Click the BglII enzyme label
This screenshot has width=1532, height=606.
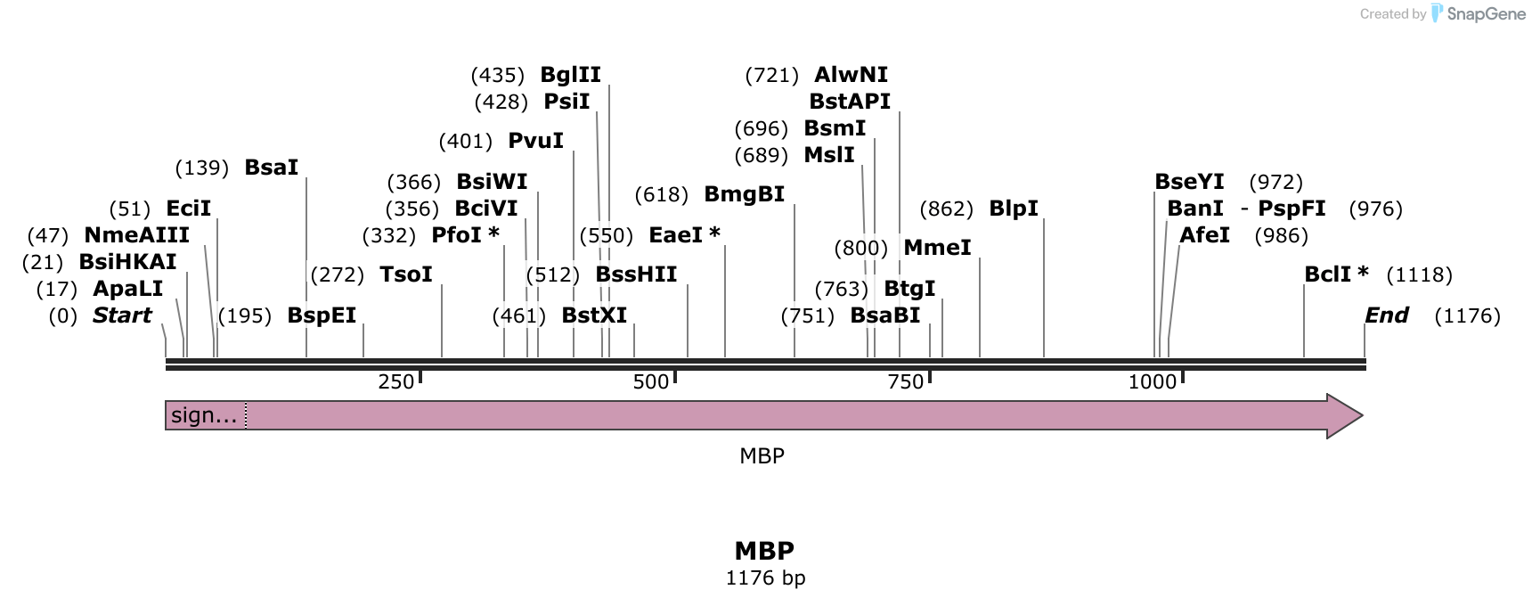(x=570, y=75)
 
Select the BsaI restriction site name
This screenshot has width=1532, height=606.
(x=271, y=168)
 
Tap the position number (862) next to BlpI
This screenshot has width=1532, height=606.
(x=945, y=209)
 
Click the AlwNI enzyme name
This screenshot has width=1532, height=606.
(x=851, y=75)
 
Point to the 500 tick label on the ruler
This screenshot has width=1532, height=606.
(x=650, y=382)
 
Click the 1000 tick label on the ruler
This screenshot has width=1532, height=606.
(x=1152, y=382)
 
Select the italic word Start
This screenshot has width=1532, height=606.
(x=122, y=315)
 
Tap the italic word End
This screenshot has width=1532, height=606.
(x=1386, y=315)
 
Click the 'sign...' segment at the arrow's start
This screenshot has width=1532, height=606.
(x=205, y=415)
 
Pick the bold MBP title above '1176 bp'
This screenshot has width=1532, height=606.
(x=764, y=550)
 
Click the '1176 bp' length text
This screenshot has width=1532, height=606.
(x=765, y=577)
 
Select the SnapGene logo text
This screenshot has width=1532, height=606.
(x=1486, y=13)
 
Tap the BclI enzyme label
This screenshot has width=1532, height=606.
(x=1328, y=274)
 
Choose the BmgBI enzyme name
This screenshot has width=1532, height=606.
(x=744, y=194)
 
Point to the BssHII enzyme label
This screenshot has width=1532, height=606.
(x=636, y=274)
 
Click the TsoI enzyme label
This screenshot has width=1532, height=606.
(x=405, y=274)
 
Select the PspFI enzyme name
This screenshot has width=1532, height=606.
(x=1291, y=209)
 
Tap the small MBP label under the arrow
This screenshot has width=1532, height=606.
(x=762, y=456)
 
